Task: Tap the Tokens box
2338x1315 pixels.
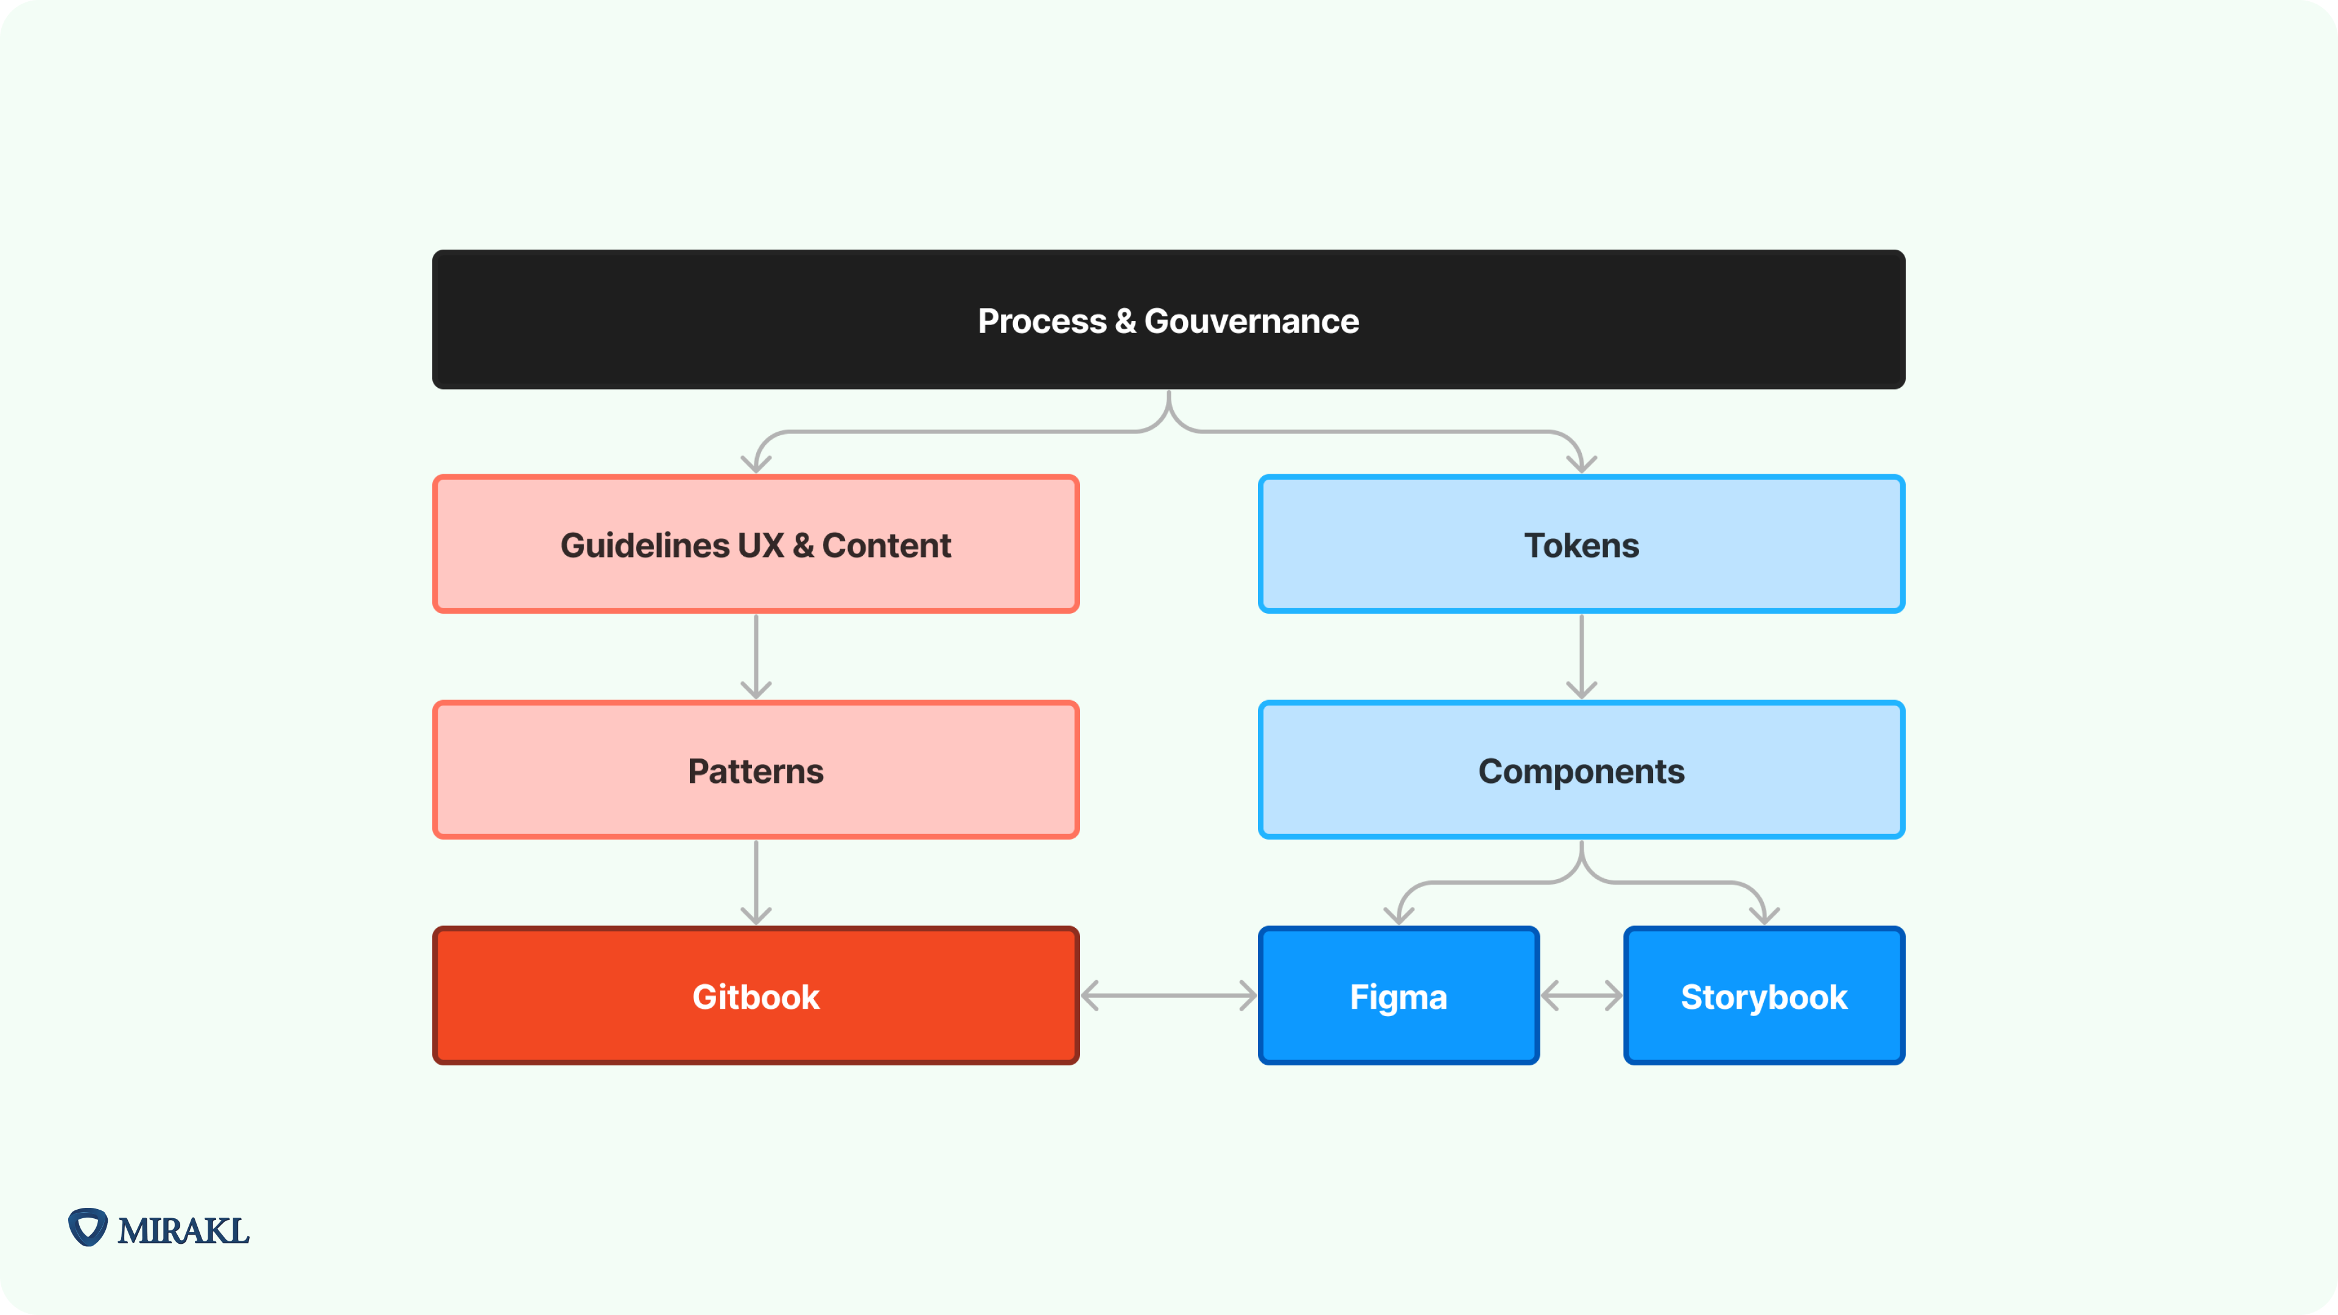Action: tap(1581, 544)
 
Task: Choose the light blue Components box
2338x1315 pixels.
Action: tap(1581, 771)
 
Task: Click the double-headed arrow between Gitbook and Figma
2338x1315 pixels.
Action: tap(1168, 995)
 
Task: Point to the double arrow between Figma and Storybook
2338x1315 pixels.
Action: tap(1581, 995)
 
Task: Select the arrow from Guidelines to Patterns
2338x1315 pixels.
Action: tap(756, 655)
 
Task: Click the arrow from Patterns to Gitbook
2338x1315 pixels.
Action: tap(756, 881)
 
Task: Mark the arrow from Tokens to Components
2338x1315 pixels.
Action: tap(1581, 655)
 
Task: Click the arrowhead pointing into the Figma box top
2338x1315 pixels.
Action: tap(1399, 915)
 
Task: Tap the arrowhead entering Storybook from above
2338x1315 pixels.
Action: tap(1764, 915)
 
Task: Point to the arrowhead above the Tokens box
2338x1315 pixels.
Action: tap(1581, 463)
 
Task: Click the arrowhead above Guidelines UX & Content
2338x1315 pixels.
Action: tap(756, 463)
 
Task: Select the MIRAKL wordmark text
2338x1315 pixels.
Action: tap(183, 1230)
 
